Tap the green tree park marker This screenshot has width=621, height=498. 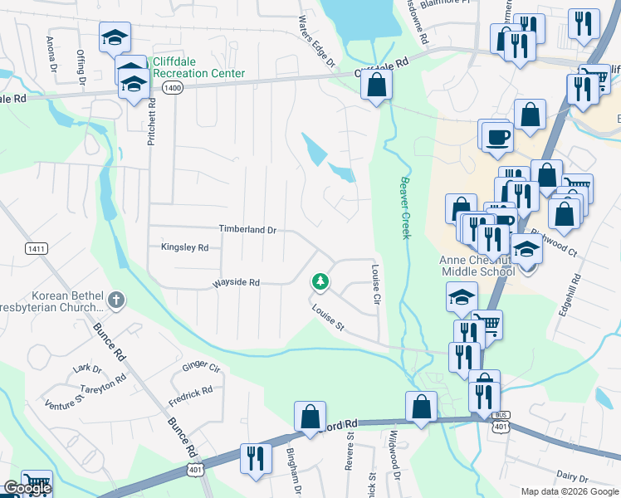point(320,282)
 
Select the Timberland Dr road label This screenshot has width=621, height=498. point(247,229)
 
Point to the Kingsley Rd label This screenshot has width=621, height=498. point(184,247)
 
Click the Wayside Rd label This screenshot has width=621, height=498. point(237,283)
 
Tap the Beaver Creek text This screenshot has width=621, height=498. point(405,207)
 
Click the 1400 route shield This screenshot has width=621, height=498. point(173,89)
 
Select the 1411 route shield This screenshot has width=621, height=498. point(36,248)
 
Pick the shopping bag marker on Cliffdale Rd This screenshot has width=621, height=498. point(377,84)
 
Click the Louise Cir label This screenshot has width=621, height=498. point(376,284)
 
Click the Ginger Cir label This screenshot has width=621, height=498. point(201,366)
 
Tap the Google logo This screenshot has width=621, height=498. point(27,489)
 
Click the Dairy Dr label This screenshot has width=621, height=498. point(573,478)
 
